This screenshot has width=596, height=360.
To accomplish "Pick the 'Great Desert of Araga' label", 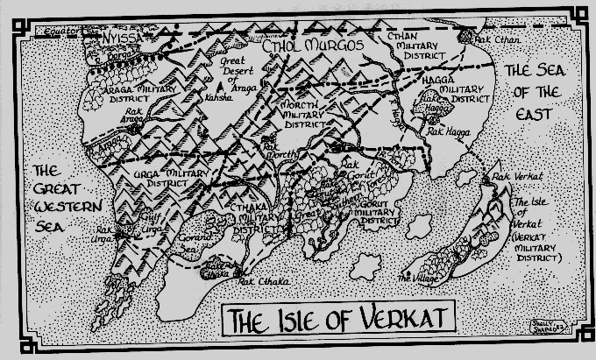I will [235, 73].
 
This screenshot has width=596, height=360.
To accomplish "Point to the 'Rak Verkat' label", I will [513, 177].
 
